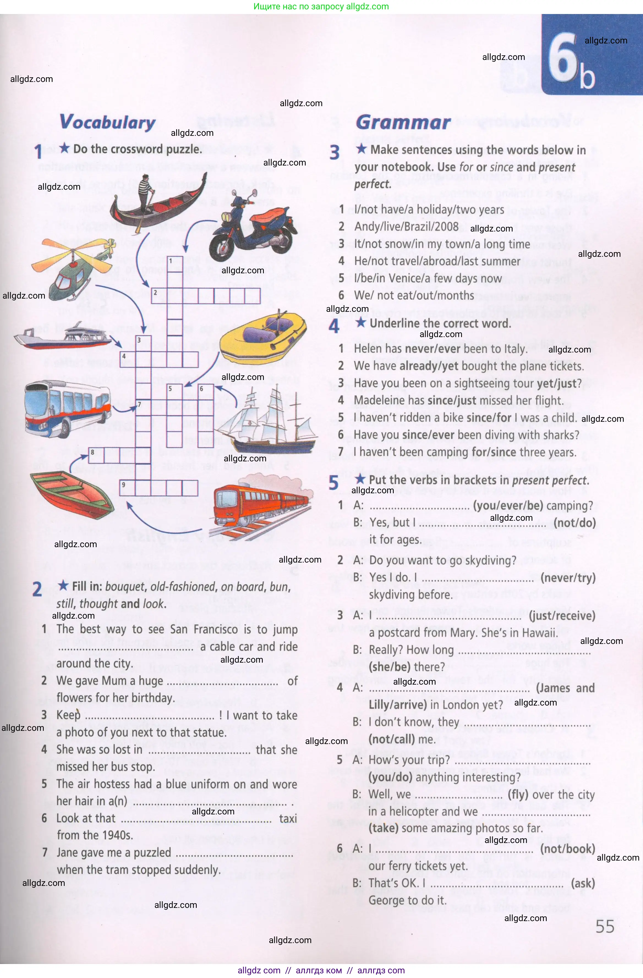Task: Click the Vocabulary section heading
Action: point(108,122)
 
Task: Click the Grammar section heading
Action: point(403,122)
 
